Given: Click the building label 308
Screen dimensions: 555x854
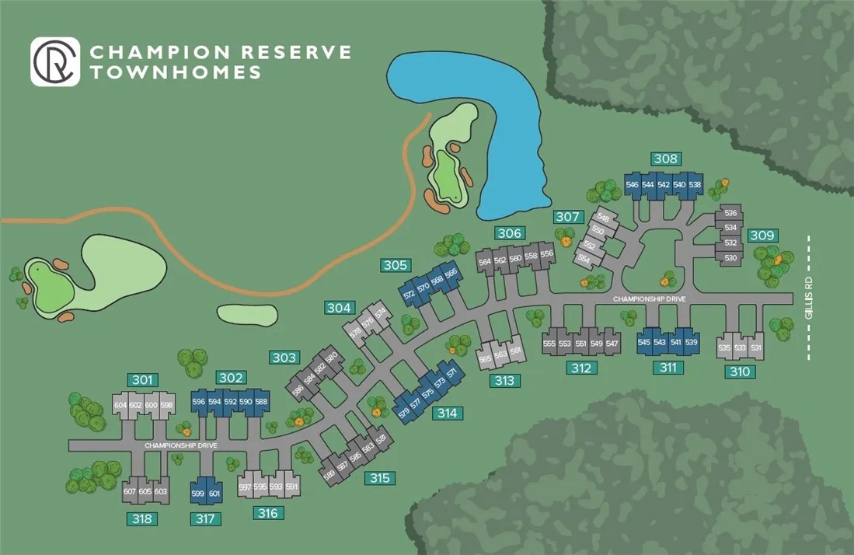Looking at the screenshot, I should [666, 159].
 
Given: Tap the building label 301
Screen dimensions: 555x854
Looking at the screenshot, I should [142, 380].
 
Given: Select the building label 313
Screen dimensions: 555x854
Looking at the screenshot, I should [505, 381].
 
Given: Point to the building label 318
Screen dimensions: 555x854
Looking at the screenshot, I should [142, 518].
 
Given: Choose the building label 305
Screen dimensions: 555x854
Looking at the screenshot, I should [396, 266].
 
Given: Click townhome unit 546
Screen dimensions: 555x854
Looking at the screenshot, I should [632, 185].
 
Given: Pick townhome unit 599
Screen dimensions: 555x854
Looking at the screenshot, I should [198, 494].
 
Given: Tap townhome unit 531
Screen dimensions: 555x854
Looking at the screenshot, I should [755, 348].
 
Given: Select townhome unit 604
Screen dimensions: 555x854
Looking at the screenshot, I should [120, 406].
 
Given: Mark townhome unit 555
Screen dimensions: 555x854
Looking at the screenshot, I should [549, 344].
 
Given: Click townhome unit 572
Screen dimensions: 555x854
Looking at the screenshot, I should [410, 295].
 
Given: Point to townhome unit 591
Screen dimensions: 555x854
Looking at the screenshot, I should [291, 487].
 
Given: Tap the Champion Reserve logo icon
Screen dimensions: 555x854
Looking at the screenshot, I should [55, 62].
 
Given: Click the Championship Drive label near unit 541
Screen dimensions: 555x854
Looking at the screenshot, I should [649, 299].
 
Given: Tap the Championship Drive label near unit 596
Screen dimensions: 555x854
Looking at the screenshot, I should [180, 445].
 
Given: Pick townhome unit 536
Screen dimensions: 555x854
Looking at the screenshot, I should [730, 213].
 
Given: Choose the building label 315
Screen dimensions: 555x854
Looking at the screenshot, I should [379, 478].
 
